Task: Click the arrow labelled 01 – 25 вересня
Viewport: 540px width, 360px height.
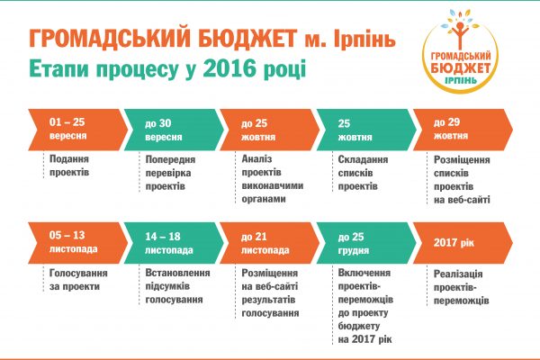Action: pos(77,130)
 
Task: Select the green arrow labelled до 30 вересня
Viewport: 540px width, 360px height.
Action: pos(174,130)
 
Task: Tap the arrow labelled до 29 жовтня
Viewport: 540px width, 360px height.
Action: pos(463,130)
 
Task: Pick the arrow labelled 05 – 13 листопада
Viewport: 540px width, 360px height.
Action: pos(77,243)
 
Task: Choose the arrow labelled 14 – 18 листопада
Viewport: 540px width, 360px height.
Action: pos(174,243)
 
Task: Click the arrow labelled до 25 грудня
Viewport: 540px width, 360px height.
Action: pos(366,243)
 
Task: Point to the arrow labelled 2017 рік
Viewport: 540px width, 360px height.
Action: pos(463,243)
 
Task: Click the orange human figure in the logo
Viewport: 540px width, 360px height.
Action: pos(459,35)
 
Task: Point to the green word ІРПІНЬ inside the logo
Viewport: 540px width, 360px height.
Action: pos(461,80)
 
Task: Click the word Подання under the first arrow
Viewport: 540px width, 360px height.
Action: pos(69,158)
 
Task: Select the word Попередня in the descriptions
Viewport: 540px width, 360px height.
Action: pos(170,159)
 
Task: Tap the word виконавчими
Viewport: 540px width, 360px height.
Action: pos(273,185)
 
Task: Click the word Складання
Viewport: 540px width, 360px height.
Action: pos(363,159)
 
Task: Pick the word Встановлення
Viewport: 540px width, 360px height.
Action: pos(177,273)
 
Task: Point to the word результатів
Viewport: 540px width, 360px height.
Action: pos(268,300)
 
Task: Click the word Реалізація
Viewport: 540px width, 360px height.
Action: pos(458,274)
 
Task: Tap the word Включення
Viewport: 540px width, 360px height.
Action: pos(364,273)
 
